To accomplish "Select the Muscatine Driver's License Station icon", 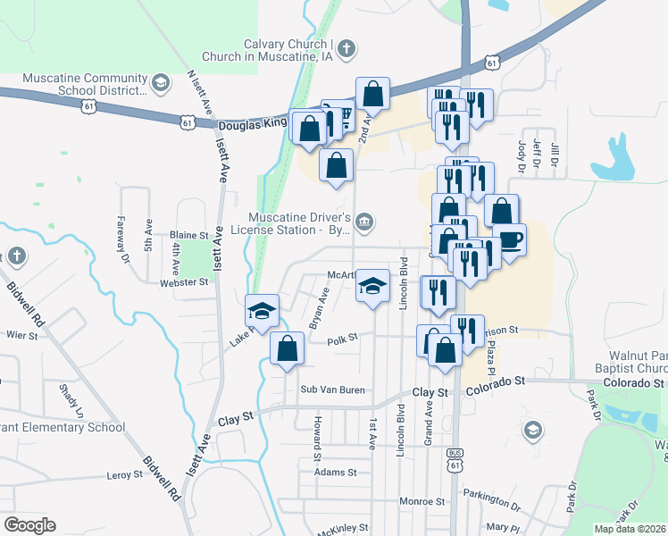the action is [x=364, y=221].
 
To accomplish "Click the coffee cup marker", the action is [x=509, y=240].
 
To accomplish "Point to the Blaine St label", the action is [x=188, y=235].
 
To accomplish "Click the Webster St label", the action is [x=183, y=281].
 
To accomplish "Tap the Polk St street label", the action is [x=342, y=339].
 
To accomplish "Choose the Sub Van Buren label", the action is [x=333, y=389].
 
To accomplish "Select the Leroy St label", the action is [x=124, y=476].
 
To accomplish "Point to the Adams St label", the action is [x=336, y=472].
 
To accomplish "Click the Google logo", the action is [x=29, y=525].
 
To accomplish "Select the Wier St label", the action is [x=21, y=336].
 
